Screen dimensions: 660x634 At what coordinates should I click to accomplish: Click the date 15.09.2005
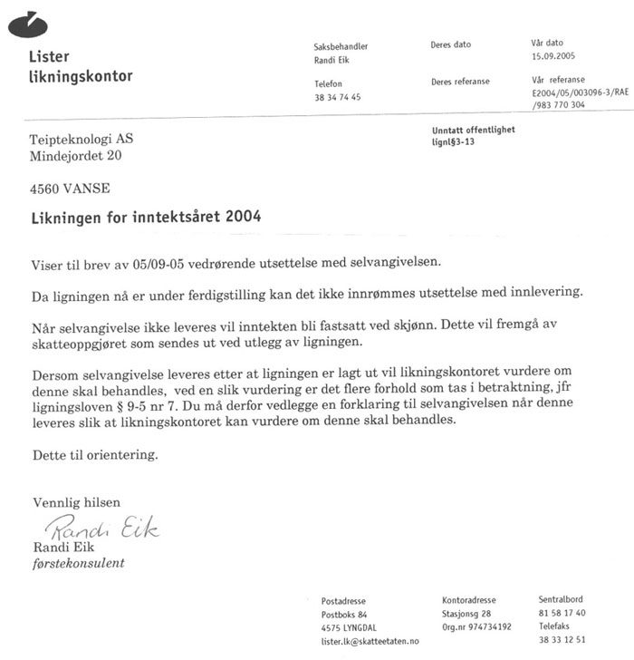553,56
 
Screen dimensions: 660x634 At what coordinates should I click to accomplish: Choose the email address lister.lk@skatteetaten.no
370,640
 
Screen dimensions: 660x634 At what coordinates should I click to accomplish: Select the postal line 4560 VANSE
70,190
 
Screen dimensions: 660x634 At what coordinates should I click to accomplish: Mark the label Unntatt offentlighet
474,130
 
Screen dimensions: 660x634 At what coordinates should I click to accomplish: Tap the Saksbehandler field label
341,46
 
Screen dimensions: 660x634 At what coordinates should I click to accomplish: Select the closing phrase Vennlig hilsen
76,502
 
